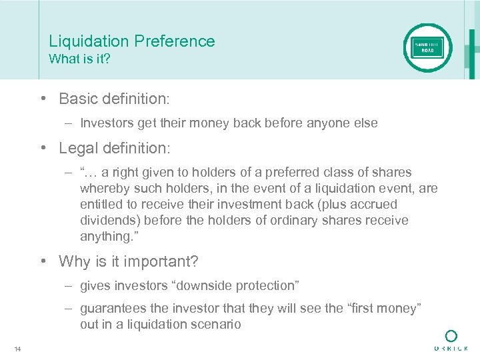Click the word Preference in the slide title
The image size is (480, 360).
tap(175, 41)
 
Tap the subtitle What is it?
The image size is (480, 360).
tap(79, 59)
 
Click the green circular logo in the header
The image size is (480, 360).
tap(427, 48)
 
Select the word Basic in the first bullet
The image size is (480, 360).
tap(79, 99)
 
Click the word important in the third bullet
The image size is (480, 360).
tap(151, 261)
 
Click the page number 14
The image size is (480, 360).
tap(17, 349)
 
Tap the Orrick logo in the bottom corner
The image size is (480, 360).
tap(451, 340)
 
